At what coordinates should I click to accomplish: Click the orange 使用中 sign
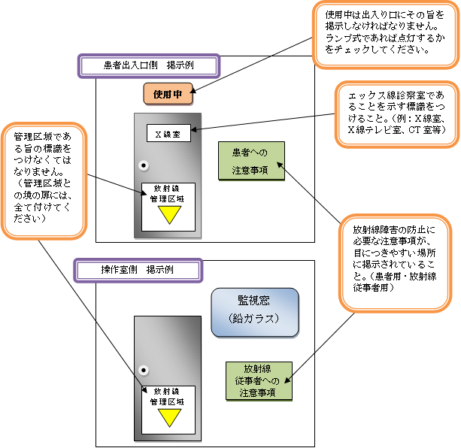(168, 95)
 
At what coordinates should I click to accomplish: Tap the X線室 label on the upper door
(168, 135)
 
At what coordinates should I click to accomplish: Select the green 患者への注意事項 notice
(252, 162)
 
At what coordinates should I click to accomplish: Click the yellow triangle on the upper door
(168, 214)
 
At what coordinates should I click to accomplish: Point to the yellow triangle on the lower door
(168, 416)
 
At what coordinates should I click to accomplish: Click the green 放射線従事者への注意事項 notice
(258, 380)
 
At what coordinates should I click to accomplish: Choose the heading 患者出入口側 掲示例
(148, 65)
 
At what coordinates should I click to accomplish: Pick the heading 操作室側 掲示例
(138, 269)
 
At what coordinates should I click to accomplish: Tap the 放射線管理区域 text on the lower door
(168, 396)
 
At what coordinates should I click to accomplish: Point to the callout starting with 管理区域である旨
(44, 177)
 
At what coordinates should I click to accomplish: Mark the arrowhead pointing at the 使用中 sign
(193, 95)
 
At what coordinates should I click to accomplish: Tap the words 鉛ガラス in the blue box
(254, 319)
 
